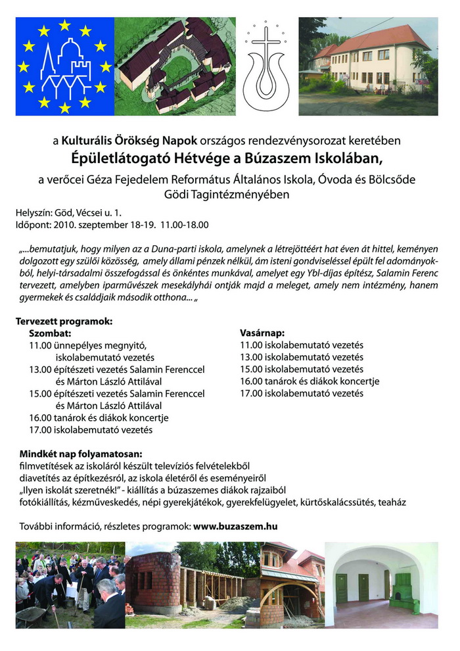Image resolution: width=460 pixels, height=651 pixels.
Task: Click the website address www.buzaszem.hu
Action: (235, 526)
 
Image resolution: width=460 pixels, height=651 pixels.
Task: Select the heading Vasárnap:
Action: (263, 333)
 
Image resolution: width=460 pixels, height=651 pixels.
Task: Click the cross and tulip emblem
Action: (266, 66)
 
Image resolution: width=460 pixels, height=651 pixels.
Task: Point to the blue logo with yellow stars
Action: (64, 66)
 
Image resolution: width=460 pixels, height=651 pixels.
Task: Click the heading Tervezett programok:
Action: (64, 322)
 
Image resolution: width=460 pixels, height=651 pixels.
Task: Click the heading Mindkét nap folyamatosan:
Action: (80, 454)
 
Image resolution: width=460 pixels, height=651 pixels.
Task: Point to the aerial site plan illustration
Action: (175, 66)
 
